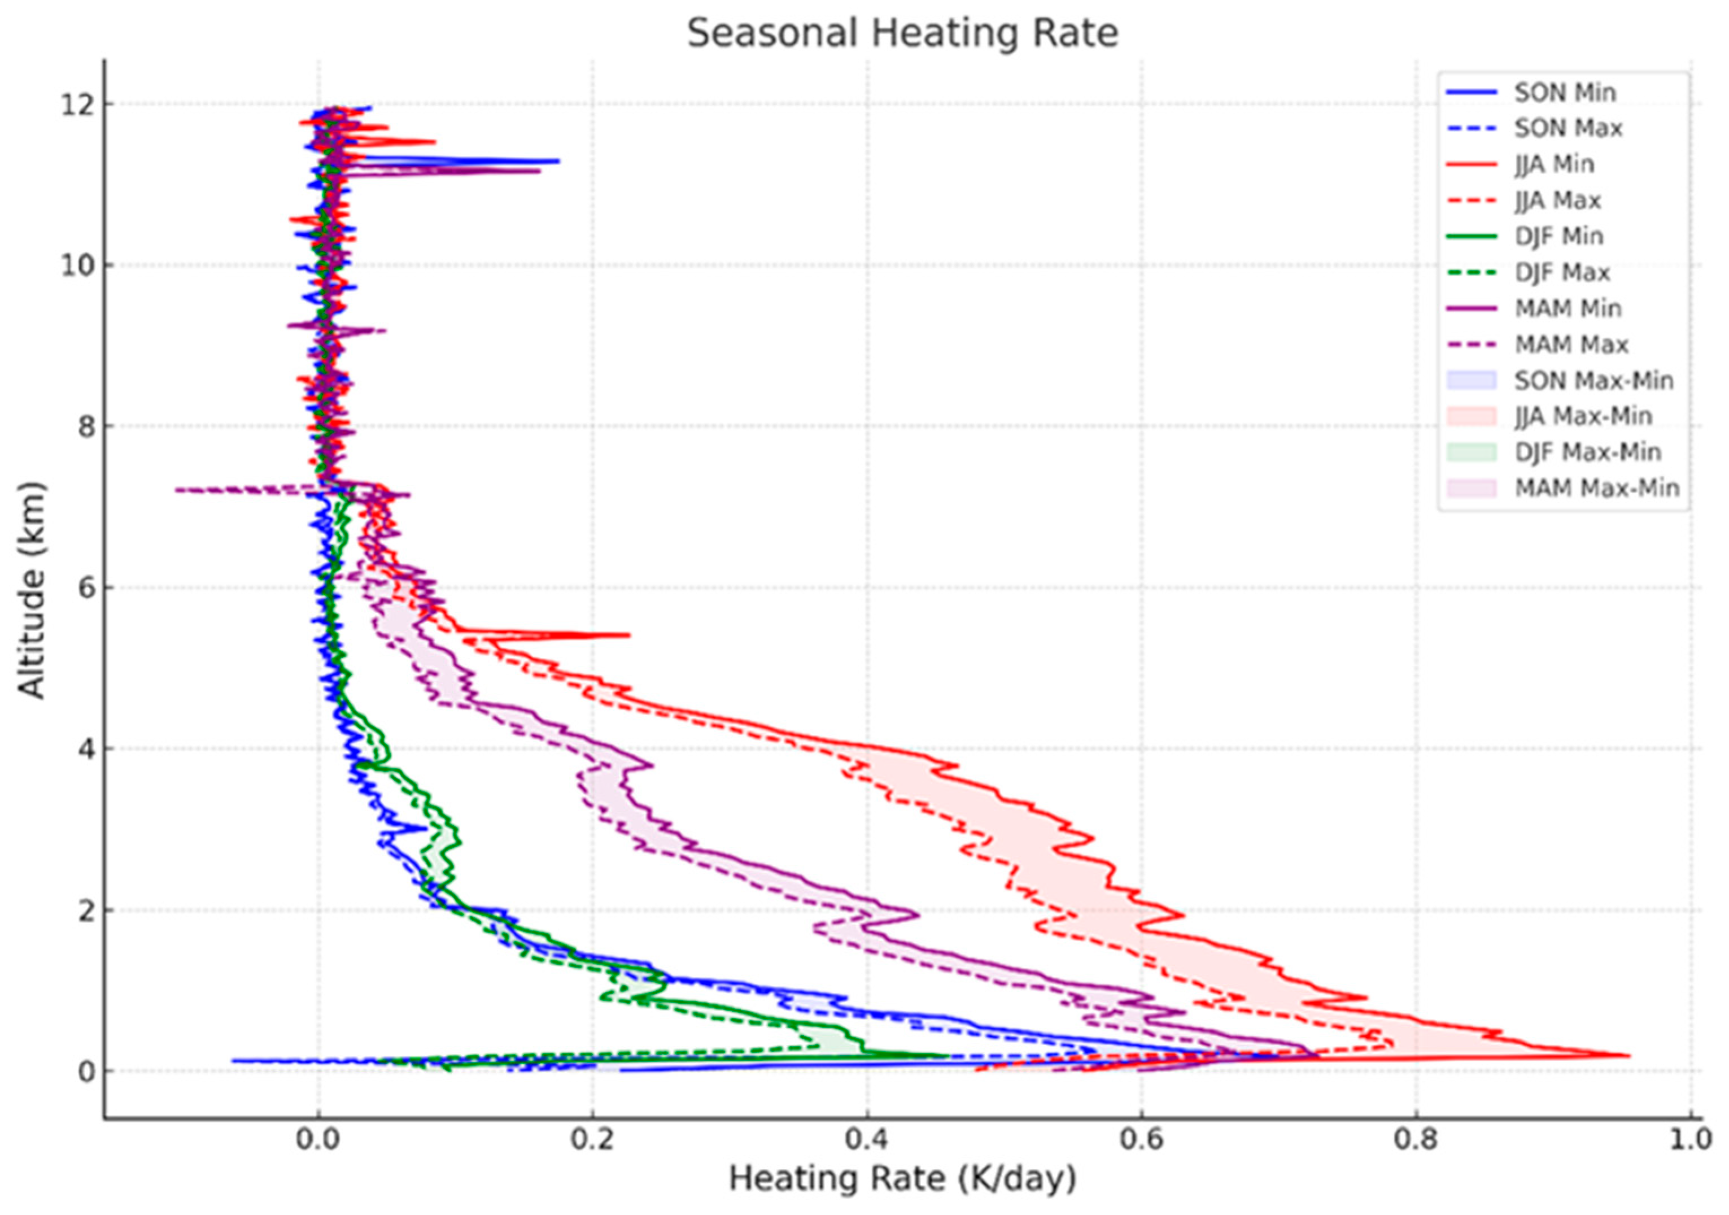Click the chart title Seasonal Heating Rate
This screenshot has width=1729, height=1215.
(x=902, y=34)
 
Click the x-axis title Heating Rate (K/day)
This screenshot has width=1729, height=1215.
(x=902, y=1178)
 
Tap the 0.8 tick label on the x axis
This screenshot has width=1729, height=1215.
(x=1416, y=1140)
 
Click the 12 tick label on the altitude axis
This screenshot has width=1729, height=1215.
(x=77, y=104)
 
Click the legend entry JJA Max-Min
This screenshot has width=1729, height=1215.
(x=1583, y=416)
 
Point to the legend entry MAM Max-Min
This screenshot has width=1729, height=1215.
(x=1596, y=489)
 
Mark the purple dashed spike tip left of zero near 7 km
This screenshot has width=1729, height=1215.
(x=176, y=490)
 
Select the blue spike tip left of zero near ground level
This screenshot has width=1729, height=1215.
(x=233, y=1061)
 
